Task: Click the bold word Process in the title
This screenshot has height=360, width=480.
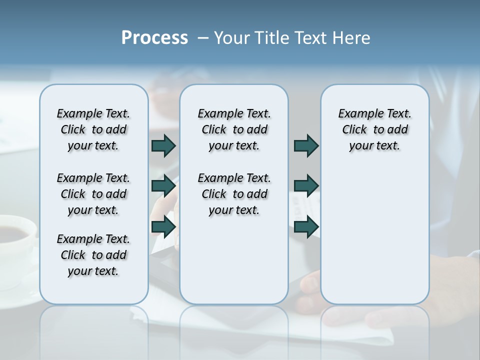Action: tap(154, 38)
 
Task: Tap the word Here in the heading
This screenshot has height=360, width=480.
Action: tap(352, 38)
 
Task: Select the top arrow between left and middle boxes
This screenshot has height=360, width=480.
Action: tap(163, 145)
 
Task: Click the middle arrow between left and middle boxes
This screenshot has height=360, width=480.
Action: tap(163, 186)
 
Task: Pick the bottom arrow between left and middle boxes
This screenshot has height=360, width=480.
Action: tap(163, 227)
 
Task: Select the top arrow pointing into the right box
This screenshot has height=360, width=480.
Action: tap(306, 145)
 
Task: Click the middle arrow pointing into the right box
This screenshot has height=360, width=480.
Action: tap(306, 186)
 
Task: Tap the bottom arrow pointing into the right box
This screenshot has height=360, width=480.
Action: tap(306, 227)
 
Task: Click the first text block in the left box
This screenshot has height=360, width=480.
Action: tap(93, 129)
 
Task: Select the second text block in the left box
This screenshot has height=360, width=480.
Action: tap(93, 194)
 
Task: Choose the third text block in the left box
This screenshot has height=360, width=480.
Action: tap(93, 255)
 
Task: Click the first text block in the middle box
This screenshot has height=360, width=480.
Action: tap(234, 129)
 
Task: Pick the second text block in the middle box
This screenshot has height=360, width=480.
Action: tap(234, 194)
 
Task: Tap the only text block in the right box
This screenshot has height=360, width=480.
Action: tap(374, 129)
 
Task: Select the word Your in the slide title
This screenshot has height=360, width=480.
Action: tap(232, 38)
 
